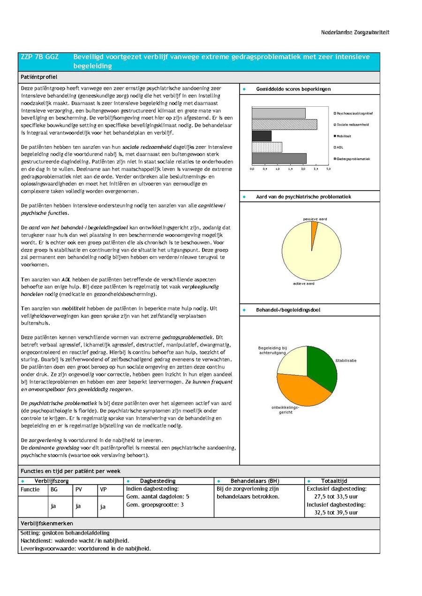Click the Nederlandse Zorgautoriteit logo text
pos(355,32)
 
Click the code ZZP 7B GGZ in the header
pos(40,57)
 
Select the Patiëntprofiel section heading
pos(38,77)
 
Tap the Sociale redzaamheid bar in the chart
pos(284,125)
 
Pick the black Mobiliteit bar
pos(262,136)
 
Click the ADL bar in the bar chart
pos(267,147)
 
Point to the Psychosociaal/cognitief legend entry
pos(354,113)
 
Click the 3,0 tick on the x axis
pos(328,169)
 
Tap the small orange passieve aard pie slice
pos(314,226)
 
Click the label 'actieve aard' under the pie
pos(304,283)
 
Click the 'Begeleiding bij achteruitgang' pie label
pos(272,350)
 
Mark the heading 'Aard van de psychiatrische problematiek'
pos(303,197)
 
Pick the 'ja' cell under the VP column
pos(103,506)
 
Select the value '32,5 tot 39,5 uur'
pos(336,513)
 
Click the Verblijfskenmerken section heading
pos(47,523)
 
